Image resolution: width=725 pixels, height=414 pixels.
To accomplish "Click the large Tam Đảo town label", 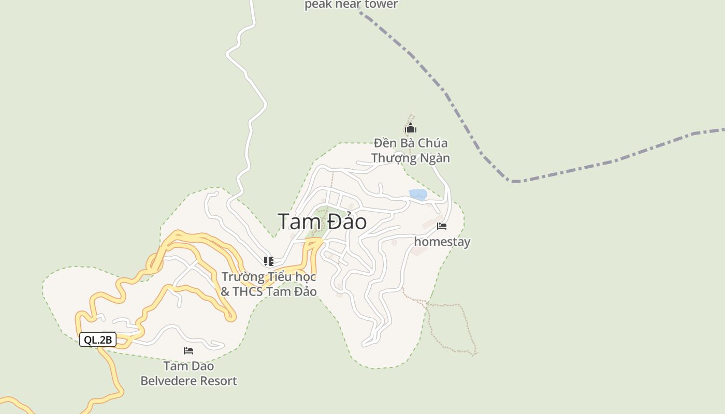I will pos(322,221).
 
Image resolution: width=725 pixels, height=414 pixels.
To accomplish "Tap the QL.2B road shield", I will pos(98,339).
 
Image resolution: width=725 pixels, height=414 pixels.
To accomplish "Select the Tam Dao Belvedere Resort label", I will pos(189,373).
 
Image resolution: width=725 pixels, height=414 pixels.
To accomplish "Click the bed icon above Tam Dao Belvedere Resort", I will pos(189,351).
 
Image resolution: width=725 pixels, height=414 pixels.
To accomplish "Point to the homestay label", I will pos(442,242).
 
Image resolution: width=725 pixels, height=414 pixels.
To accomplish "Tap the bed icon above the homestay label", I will pos(442,226).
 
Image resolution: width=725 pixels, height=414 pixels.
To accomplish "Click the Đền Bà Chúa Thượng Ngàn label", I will pos(411,150).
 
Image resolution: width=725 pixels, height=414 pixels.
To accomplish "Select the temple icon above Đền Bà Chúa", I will pos(411,128).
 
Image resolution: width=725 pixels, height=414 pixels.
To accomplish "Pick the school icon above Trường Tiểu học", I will pos(268,261).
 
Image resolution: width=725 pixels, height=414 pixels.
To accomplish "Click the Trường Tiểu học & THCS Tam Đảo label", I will pos(269,284).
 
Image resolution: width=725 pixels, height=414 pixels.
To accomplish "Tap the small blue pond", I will pos(418,195).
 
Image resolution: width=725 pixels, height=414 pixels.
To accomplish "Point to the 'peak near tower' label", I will pos(351,5).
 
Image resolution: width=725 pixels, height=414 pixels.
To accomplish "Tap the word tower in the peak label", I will pos(381,5).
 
